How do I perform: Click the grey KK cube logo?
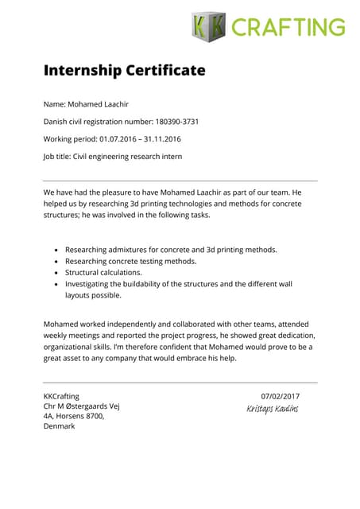click(x=208, y=27)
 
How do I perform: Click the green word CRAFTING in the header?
click(x=288, y=27)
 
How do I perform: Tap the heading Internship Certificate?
click(x=124, y=71)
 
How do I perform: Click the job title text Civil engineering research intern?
click(x=127, y=157)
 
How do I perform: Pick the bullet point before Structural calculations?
click(x=56, y=272)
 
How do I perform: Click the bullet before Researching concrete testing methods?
click(x=56, y=261)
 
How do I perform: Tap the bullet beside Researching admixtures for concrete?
click(x=56, y=250)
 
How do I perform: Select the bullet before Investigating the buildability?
click(x=56, y=284)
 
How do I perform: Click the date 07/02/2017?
click(x=280, y=396)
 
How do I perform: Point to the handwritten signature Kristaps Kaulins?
click(x=273, y=409)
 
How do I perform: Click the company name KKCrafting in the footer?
click(x=61, y=396)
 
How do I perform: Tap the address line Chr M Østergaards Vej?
click(x=81, y=406)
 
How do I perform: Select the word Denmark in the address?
click(x=59, y=425)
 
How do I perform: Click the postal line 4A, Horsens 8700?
click(x=74, y=415)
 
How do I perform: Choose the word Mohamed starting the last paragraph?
click(x=60, y=324)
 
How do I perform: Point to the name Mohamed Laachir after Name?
click(x=99, y=104)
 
